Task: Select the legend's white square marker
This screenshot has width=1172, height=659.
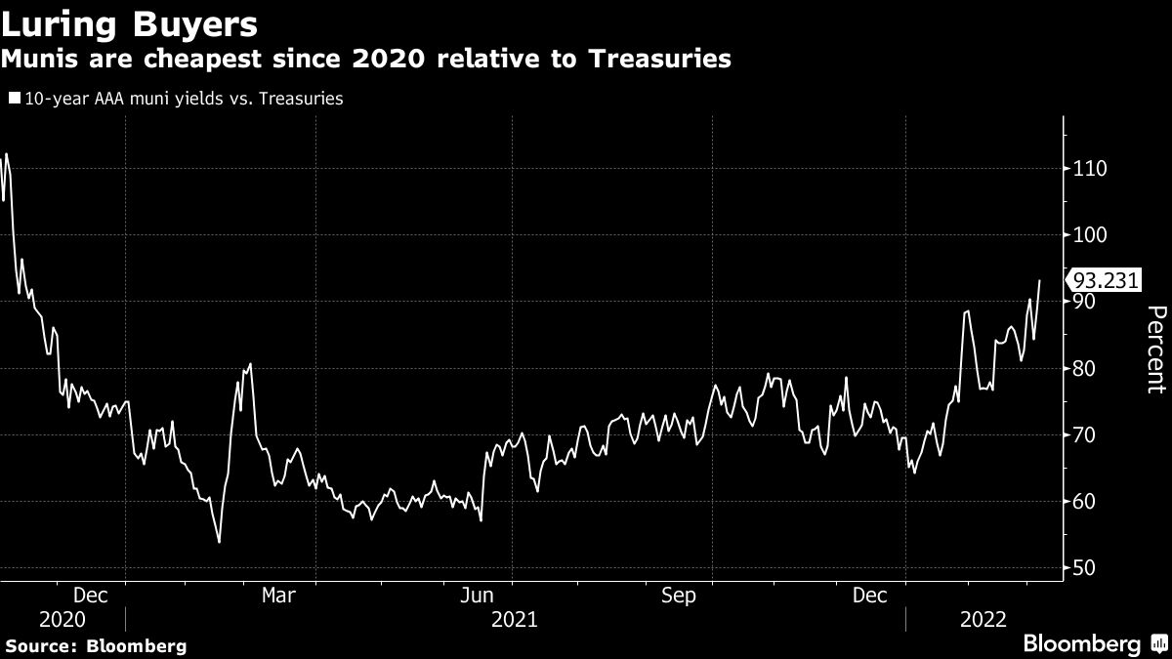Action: pyautogui.click(x=13, y=99)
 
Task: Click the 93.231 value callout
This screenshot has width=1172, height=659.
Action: pyautogui.click(x=1106, y=280)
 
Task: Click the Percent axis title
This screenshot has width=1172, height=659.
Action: pyautogui.click(x=1155, y=349)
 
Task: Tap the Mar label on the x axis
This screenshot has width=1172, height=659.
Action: pyautogui.click(x=279, y=595)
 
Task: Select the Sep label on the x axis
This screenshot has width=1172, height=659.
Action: pyautogui.click(x=679, y=595)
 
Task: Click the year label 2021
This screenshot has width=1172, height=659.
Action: pyautogui.click(x=515, y=619)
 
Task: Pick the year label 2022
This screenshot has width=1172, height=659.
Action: pyautogui.click(x=984, y=619)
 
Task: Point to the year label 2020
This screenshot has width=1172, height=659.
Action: pyautogui.click(x=63, y=619)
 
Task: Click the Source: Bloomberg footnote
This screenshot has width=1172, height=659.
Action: pyautogui.click(x=96, y=645)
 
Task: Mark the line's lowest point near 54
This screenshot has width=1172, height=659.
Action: pyautogui.click(x=219, y=542)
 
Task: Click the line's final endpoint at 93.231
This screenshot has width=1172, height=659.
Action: pyautogui.click(x=1039, y=280)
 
